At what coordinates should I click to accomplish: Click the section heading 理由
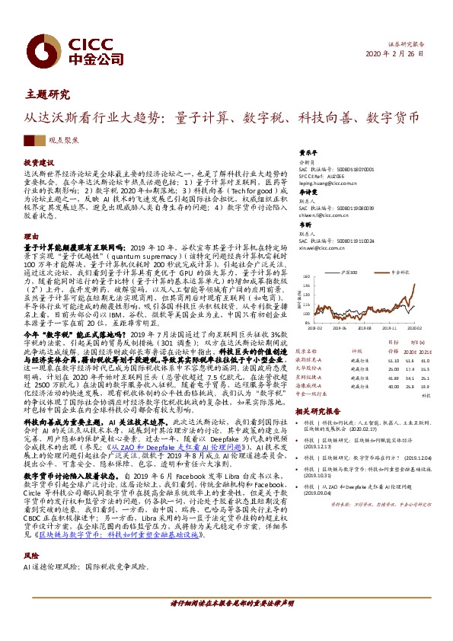(30, 237)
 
